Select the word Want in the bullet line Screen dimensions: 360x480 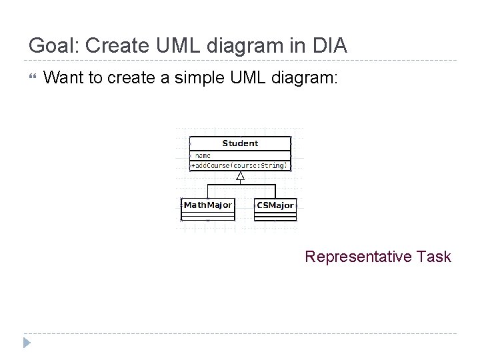point(64,79)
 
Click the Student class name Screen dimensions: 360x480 point(240,143)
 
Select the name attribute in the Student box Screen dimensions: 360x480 point(203,155)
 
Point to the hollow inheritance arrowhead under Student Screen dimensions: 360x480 point(241,177)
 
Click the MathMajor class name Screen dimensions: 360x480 point(207,205)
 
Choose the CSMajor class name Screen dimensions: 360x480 point(275,205)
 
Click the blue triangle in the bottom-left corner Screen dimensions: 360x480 point(27,343)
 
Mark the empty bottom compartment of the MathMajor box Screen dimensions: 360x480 point(207,216)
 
